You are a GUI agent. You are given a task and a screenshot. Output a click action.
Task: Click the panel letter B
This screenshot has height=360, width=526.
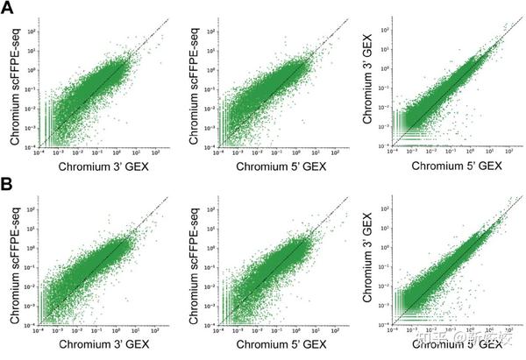[x=8, y=187]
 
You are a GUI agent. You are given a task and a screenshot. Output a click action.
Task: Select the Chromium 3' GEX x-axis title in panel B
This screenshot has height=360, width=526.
[x=96, y=347]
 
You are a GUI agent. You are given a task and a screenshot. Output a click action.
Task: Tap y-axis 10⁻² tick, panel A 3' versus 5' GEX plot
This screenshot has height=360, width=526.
[x=380, y=108]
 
